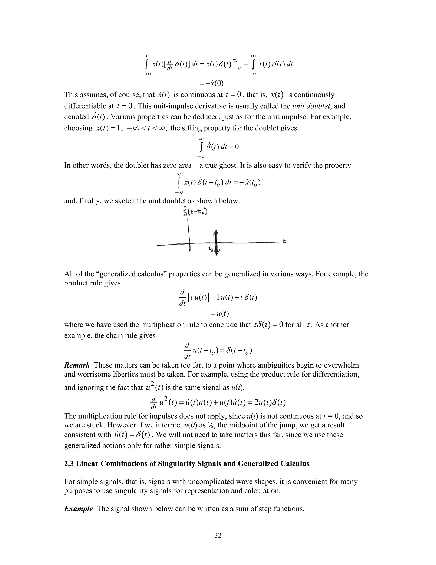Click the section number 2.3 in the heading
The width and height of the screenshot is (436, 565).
[x=69, y=463]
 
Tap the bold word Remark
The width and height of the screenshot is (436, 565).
[x=77, y=365]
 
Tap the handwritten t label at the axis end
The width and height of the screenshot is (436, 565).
[x=284, y=241]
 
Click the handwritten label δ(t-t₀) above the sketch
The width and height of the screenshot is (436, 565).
[x=195, y=212]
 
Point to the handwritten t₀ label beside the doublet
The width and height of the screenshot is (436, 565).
[x=211, y=249]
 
